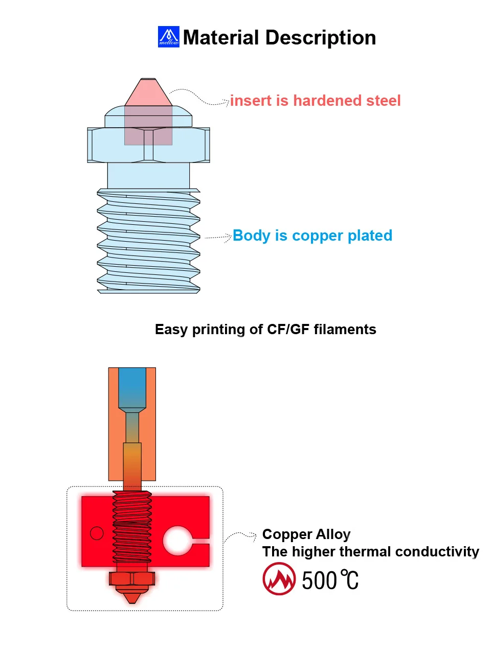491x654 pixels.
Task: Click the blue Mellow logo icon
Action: [x=168, y=37]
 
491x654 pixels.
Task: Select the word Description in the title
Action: [x=321, y=38]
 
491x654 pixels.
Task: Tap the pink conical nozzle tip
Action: [x=148, y=93]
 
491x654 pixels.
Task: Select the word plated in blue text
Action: [x=370, y=236]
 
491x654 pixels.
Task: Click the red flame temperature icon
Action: [x=279, y=579]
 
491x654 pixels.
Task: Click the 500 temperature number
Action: [x=319, y=581]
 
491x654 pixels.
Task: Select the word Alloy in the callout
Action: [x=333, y=534]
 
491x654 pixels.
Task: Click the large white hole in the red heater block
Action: [x=177, y=541]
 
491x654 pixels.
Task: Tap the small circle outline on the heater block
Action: [x=97, y=533]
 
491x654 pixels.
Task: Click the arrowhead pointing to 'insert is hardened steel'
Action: [x=227, y=102]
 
